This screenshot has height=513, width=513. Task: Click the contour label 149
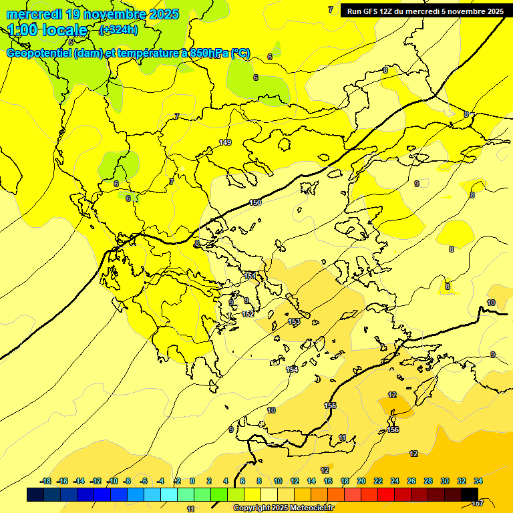(x=225, y=142)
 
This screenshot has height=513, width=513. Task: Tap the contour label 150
(x=255, y=202)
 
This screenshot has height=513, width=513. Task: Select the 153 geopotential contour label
(x=294, y=322)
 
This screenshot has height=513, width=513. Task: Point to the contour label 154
(x=292, y=369)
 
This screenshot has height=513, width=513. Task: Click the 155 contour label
(x=330, y=405)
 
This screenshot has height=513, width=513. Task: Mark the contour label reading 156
(x=393, y=430)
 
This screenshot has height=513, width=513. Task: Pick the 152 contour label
(x=247, y=314)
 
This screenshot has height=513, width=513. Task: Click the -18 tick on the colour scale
(x=46, y=481)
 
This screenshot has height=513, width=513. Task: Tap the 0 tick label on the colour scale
(x=192, y=481)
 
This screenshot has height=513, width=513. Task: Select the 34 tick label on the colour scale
(x=478, y=481)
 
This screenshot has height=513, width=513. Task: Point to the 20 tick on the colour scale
(x=361, y=481)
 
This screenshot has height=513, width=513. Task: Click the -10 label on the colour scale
(x=112, y=481)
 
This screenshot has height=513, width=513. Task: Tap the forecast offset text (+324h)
(x=119, y=30)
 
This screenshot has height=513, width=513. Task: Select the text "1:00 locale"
(x=48, y=30)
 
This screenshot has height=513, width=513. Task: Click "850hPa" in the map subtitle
(x=209, y=53)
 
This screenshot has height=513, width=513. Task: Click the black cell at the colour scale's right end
(x=470, y=494)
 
